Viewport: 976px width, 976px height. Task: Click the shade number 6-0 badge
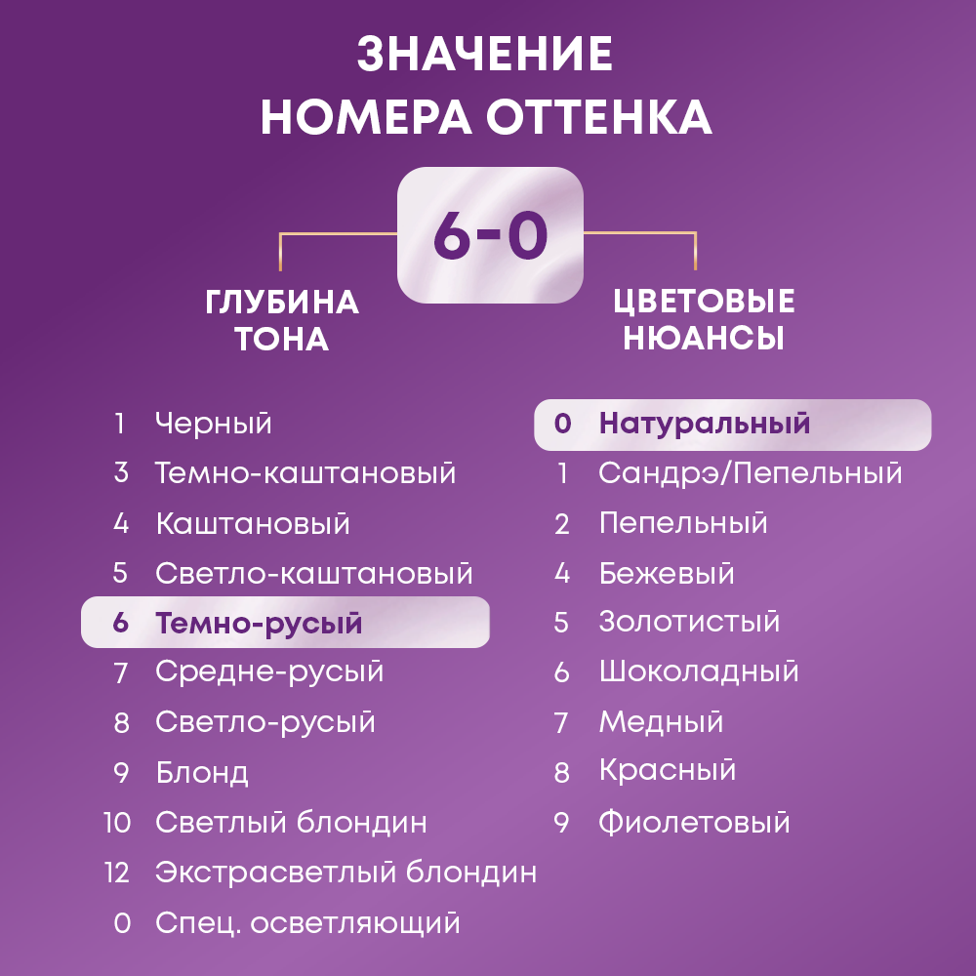[489, 234]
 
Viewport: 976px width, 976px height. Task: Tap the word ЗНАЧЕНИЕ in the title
[485, 55]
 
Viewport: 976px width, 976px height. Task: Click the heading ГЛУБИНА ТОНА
[282, 320]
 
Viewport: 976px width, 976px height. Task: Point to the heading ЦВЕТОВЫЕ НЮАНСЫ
[704, 319]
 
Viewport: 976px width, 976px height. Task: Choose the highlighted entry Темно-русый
[259, 623]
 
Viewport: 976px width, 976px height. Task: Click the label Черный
[213, 424]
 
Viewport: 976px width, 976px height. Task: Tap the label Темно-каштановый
[305, 473]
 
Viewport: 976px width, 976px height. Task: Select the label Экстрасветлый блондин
[346, 872]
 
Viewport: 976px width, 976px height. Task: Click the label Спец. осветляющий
[307, 921]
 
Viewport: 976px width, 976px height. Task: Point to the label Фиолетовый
[694, 822]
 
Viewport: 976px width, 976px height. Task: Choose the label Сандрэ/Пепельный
[750, 473]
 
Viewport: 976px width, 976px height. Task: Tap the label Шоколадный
[699, 671]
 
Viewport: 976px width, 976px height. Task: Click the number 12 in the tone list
[117, 872]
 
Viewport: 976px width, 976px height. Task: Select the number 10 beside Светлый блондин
[117, 822]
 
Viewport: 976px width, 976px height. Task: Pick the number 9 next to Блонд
[121, 773]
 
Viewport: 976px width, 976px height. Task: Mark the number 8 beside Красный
[561, 773]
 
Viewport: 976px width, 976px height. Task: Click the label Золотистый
[689, 622]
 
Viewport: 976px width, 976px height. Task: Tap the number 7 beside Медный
[561, 722]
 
